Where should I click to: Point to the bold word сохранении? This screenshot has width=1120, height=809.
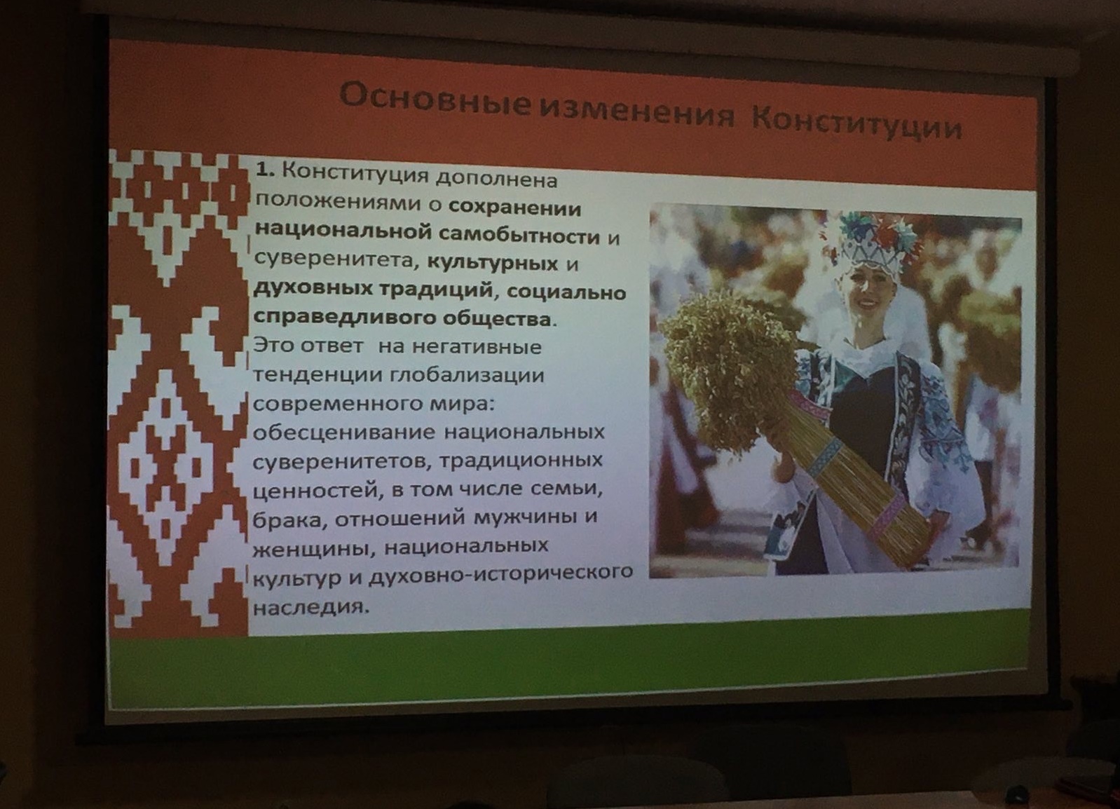coord(516,208)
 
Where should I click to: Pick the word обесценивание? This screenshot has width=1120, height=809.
coord(345,433)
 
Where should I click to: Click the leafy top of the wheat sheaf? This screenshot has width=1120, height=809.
coord(731,361)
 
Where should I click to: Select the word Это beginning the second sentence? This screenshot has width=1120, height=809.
coord(275,346)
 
